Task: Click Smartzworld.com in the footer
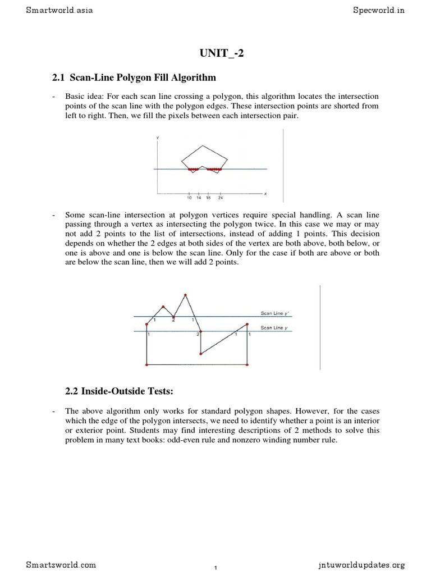pyautogui.click(x=61, y=564)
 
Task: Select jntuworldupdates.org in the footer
pyautogui.click(x=360, y=564)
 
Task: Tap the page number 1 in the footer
pyautogui.click(x=215, y=568)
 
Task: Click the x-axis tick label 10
pyautogui.click(x=189, y=198)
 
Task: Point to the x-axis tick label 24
pyautogui.click(x=221, y=198)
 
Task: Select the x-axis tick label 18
pyautogui.click(x=208, y=198)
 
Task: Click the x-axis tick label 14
pyautogui.click(x=199, y=198)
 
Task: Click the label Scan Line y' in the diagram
pyautogui.click(x=274, y=313)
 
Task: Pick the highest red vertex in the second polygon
pyautogui.click(x=185, y=295)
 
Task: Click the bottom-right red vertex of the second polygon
pyautogui.click(x=247, y=364)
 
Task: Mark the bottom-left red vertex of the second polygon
pyautogui.click(x=146, y=364)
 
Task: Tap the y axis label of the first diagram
pyautogui.click(x=157, y=136)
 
